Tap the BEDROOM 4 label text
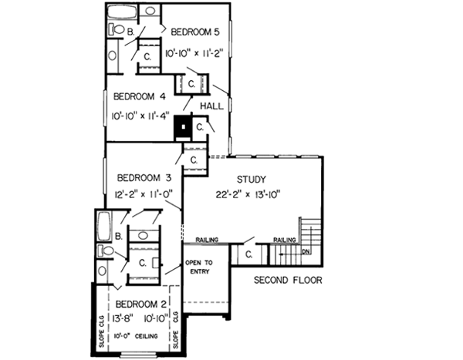coord(140,97)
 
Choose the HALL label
coord(212,106)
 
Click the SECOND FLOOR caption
coord(288,280)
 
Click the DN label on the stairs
coord(306,251)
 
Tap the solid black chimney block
coord(183,126)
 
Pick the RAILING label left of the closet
coord(207,240)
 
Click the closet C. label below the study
coord(248,254)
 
